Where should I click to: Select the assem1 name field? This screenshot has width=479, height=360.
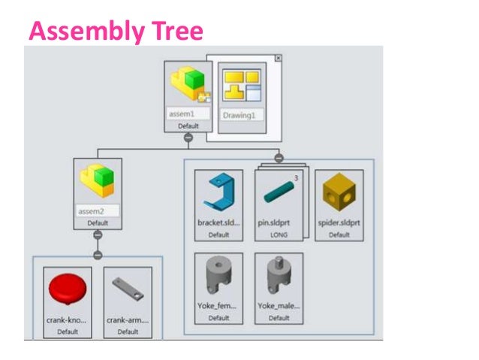(x=188, y=114)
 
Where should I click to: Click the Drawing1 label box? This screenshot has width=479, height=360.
(x=241, y=116)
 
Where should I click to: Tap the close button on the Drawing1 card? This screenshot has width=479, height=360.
(x=278, y=58)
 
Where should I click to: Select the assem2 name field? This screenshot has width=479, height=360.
(x=98, y=211)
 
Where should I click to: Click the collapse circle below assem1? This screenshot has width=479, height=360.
(x=188, y=138)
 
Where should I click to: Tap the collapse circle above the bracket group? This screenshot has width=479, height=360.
(x=279, y=158)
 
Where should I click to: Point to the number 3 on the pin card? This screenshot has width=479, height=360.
(x=296, y=178)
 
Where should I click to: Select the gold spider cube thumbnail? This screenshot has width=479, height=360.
(x=339, y=194)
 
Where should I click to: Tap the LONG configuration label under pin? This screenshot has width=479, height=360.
(x=279, y=235)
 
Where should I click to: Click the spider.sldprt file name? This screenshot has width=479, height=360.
(x=339, y=223)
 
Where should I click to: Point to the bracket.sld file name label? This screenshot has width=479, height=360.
(x=218, y=223)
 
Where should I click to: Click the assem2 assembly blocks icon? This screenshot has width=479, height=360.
(x=98, y=181)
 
